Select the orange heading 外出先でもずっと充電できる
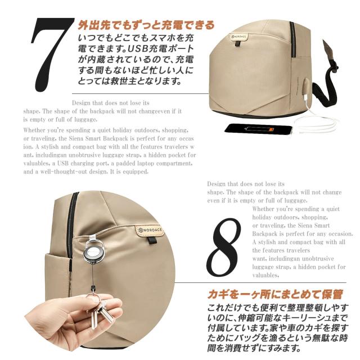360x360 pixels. pyautogui.click(x=146, y=25)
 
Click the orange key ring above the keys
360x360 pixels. pyautogui.click(x=93, y=294)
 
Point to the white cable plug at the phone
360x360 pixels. pyautogui.click(x=296, y=130)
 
